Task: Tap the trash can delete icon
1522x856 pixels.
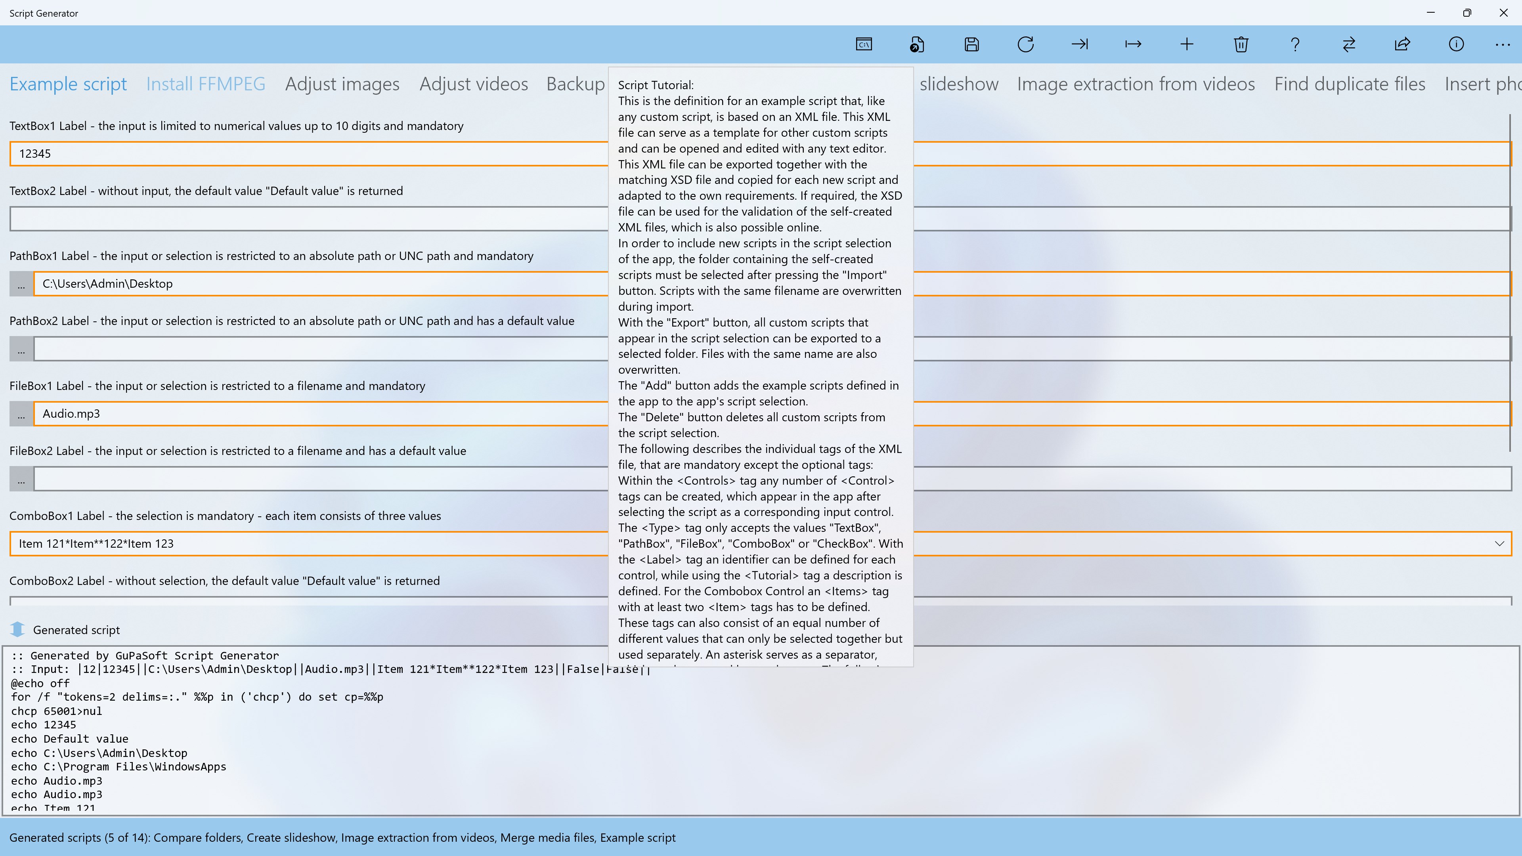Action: (x=1241, y=44)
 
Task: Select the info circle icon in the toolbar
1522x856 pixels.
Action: (x=1456, y=44)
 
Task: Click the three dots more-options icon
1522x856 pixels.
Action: (x=1503, y=44)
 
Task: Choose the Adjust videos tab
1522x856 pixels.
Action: (x=473, y=84)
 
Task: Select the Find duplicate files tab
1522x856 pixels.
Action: (x=1350, y=84)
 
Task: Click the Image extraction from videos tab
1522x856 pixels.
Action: (x=1136, y=84)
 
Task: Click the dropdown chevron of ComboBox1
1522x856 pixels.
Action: (x=1499, y=543)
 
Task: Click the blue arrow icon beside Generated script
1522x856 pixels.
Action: (x=18, y=630)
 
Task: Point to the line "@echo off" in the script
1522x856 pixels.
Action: (x=40, y=683)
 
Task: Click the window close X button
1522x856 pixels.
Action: (x=1503, y=13)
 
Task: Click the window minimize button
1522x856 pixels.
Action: (x=1430, y=13)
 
